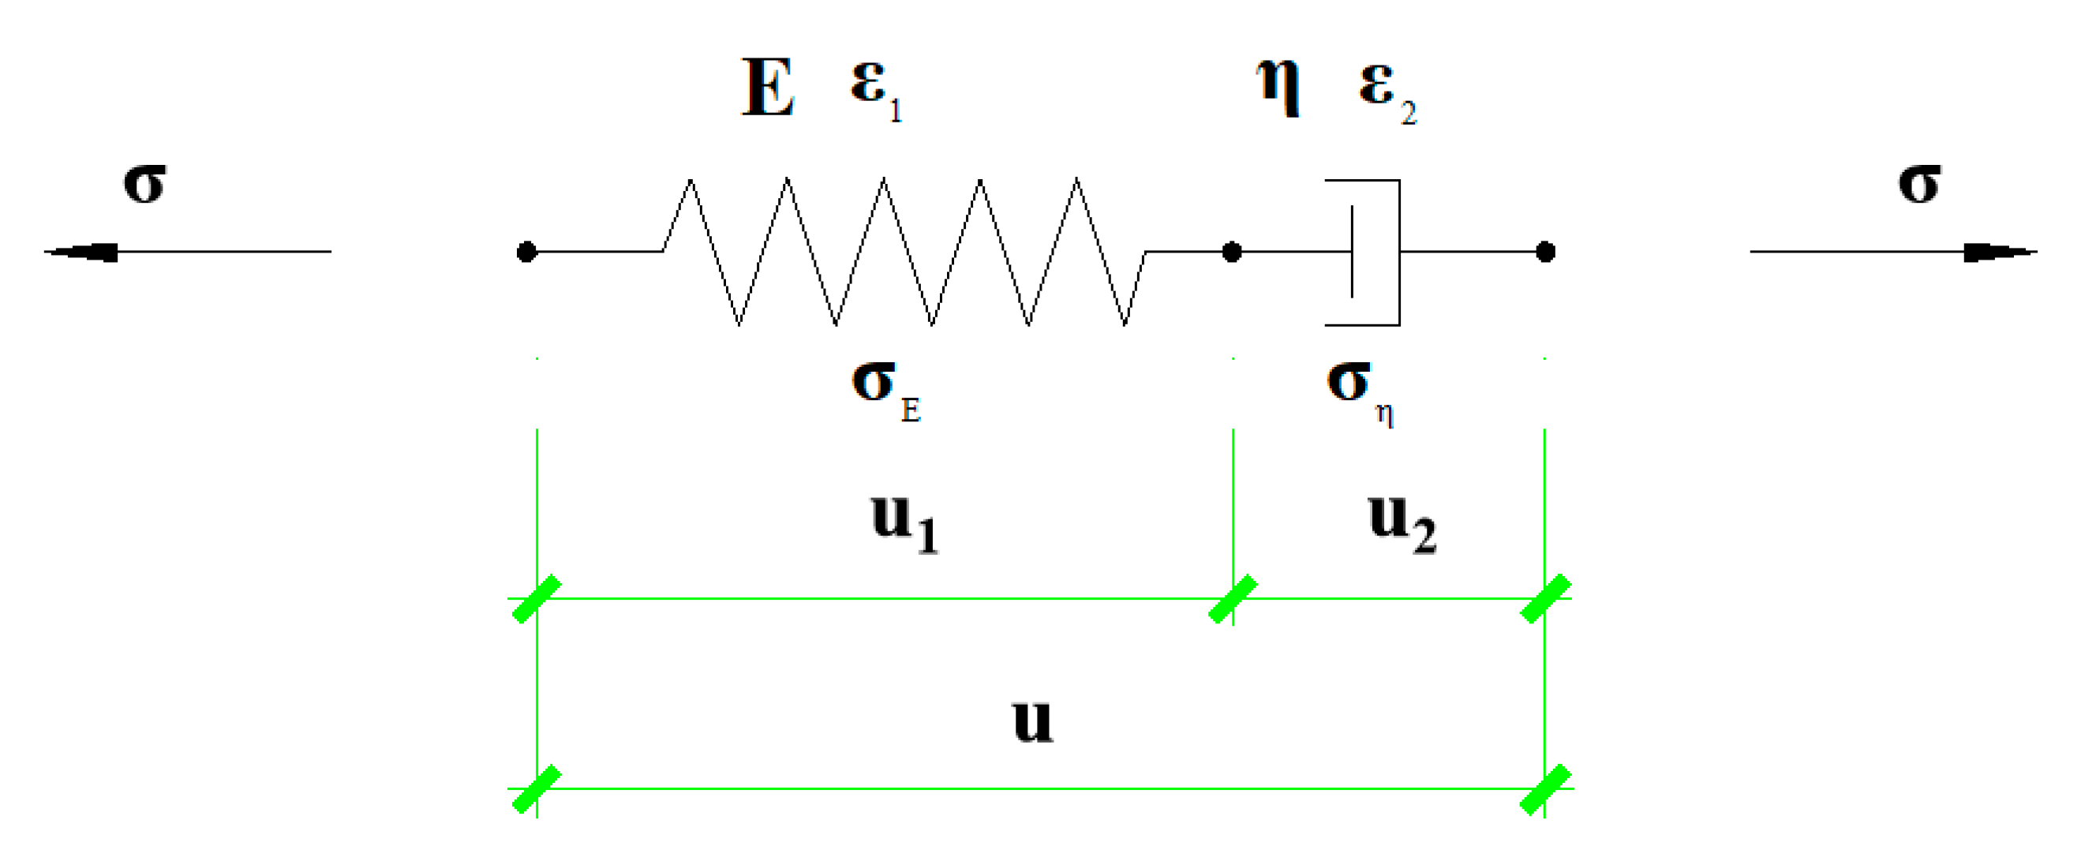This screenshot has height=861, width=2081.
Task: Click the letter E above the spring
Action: pos(767,88)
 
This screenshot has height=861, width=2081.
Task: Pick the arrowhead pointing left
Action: pos(80,252)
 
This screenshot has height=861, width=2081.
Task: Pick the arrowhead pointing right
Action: pos(1999,252)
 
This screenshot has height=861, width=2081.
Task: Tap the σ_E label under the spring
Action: pos(885,388)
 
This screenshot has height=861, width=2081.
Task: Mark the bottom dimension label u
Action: pos(1032,720)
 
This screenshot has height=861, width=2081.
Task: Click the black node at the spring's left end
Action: pos(526,252)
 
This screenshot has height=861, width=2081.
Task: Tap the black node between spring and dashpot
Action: pos(1231,252)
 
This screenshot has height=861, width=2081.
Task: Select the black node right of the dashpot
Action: pos(1545,252)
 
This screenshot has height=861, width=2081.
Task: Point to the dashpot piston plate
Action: pos(1353,252)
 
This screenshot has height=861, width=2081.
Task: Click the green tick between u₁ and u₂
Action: pos(1233,599)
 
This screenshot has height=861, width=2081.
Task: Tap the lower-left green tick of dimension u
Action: pos(537,789)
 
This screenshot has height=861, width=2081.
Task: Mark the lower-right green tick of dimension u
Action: pos(1545,789)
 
